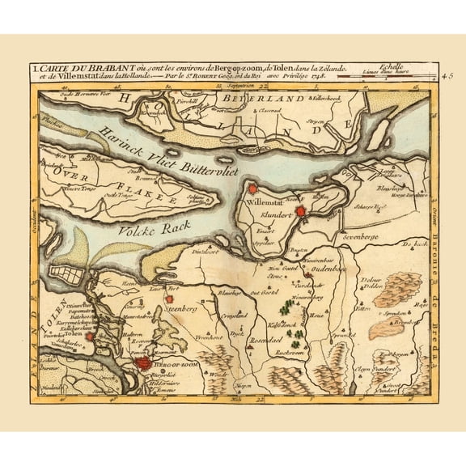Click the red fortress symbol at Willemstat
tap(252, 187)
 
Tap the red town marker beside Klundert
tap(301, 211)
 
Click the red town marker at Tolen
tap(92, 336)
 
